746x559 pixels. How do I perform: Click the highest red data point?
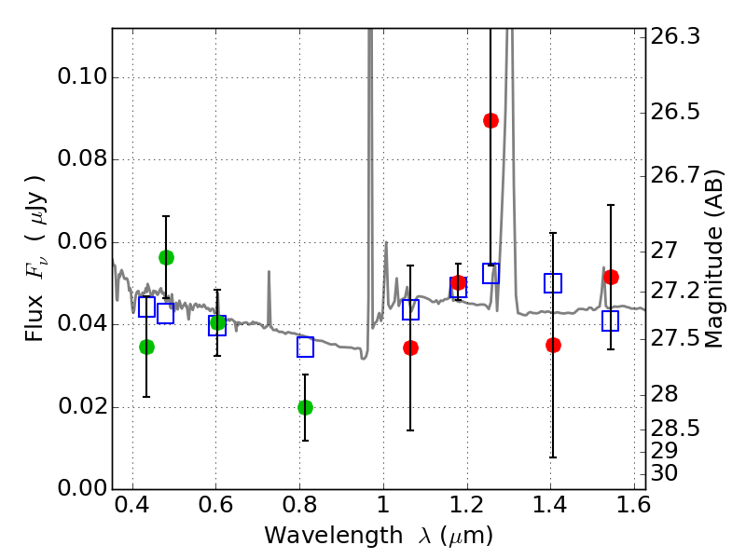[x=490, y=120]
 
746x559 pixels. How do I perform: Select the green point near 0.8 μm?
[x=305, y=407]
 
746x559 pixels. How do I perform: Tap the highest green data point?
[x=166, y=257]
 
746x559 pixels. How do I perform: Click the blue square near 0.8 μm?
[x=305, y=347]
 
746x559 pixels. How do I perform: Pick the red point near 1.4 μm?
[x=553, y=345]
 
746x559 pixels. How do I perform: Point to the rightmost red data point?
[x=611, y=277]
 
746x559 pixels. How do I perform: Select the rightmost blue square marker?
[x=611, y=320]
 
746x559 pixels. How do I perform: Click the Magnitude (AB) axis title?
[x=715, y=259]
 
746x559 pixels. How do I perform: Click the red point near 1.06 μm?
[x=410, y=348]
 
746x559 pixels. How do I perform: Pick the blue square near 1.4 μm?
[x=553, y=283]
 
